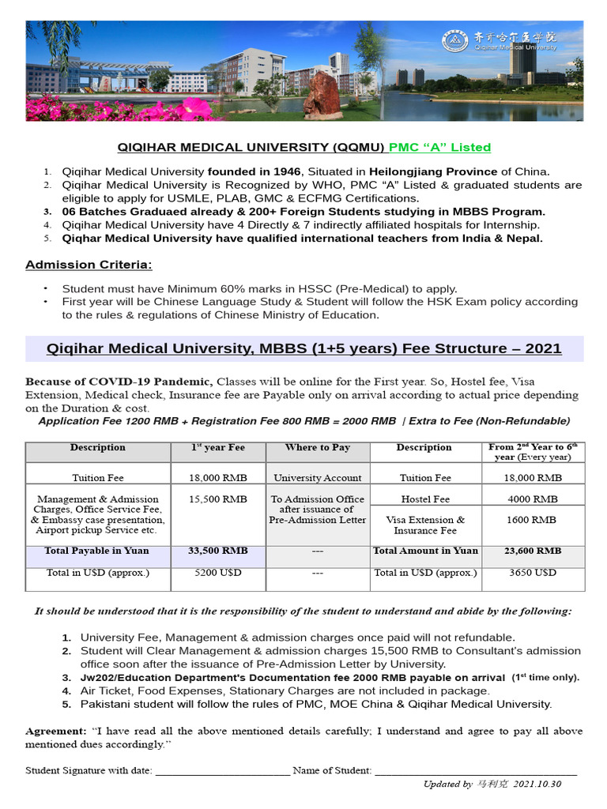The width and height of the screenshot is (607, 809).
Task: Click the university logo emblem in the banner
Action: (454, 40)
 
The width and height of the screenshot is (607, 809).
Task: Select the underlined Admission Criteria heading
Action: (89, 264)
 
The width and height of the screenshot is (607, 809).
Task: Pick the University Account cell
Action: (318, 477)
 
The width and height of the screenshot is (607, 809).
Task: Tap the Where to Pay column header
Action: (318, 447)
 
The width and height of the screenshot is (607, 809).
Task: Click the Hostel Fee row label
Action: (425, 499)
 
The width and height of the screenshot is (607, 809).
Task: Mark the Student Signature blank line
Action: (223, 770)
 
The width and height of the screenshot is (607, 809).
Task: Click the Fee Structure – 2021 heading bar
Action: (304, 348)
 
